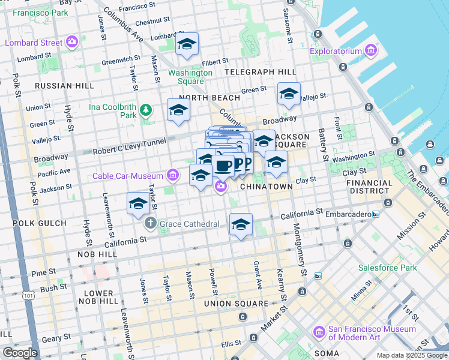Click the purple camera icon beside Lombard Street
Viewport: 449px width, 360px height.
click(72, 43)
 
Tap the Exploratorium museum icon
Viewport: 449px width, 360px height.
click(370, 51)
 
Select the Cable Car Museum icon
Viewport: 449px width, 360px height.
click(173, 175)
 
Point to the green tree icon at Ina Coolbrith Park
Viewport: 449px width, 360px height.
click(145, 110)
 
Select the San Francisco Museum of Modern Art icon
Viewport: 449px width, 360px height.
click(319, 332)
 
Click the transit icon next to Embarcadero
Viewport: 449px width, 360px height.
click(376, 214)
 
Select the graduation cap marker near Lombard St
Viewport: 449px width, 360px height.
click(187, 44)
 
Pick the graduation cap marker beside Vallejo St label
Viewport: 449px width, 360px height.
click(289, 94)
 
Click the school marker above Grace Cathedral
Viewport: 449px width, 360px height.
click(138, 203)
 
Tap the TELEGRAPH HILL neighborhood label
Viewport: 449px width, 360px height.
click(256, 72)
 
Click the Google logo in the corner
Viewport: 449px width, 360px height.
click(19, 353)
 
